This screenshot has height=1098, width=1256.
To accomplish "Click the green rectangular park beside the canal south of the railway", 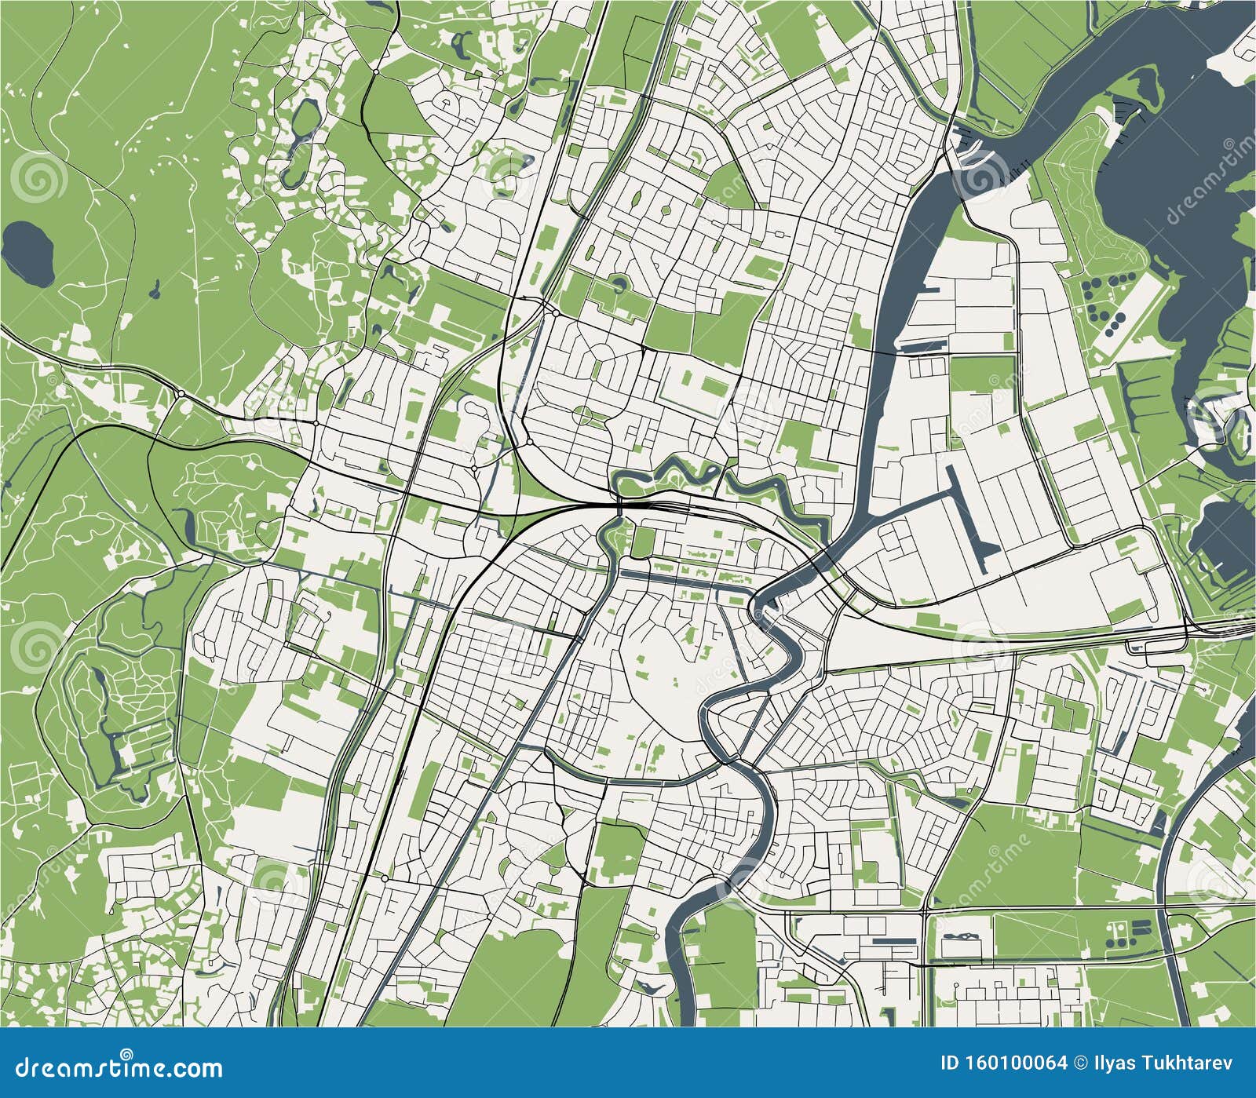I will click(x=644, y=541).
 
